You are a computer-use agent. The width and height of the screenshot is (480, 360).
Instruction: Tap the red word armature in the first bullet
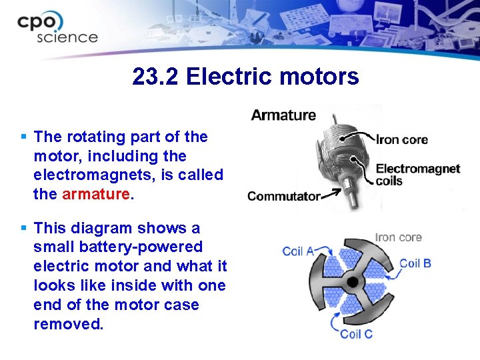[97, 194]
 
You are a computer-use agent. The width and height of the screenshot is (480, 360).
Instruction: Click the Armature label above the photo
[283, 115]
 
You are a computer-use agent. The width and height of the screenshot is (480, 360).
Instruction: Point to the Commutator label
[283, 196]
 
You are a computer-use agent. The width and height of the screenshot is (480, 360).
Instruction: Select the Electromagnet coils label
[417, 174]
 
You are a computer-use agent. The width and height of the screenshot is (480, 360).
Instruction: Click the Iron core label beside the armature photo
[402, 139]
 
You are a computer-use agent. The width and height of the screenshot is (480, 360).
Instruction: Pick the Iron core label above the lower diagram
[398, 237]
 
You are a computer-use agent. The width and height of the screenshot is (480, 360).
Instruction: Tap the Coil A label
[298, 251]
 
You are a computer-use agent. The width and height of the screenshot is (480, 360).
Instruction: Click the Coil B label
[415, 263]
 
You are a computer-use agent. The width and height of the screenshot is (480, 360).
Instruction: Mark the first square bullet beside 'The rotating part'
[24, 137]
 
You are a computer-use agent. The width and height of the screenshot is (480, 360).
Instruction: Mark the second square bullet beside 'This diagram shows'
[24, 228]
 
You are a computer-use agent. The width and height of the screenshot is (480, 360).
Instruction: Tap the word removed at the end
[68, 324]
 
